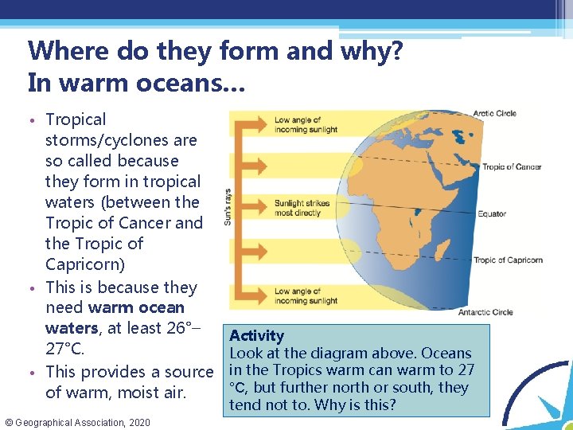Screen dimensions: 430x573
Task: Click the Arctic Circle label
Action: tap(494, 113)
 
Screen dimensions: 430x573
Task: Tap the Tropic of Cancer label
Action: tap(512, 166)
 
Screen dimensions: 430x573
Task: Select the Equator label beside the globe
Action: tap(492, 213)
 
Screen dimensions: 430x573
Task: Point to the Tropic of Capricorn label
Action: tap(508, 260)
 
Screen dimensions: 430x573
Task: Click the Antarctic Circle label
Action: tap(486, 312)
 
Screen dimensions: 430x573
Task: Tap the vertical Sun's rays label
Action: tap(228, 206)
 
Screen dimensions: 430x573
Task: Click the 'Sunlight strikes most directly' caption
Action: tap(302, 208)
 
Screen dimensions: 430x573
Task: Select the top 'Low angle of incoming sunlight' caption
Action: tap(306, 125)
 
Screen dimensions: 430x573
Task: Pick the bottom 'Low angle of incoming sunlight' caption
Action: tap(306, 296)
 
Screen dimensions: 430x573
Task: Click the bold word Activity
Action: tap(256, 336)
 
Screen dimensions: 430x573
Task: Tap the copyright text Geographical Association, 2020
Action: tap(78, 421)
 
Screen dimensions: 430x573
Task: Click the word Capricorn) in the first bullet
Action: tap(84, 264)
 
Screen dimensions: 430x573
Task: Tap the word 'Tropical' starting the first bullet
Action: tap(76, 119)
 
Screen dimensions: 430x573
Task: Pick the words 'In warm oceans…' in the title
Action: tap(137, 82)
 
